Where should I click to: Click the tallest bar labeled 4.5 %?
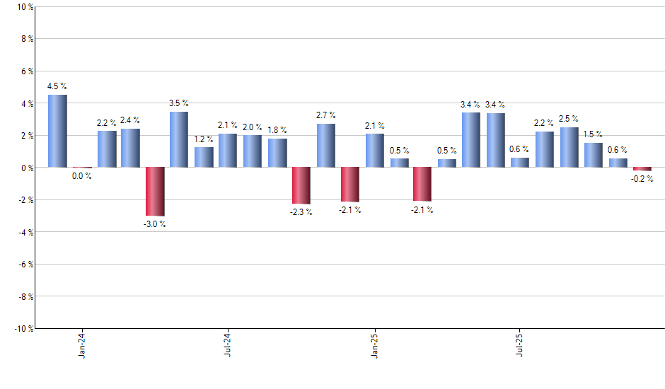(57, 131)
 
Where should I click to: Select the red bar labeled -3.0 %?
(155, 191)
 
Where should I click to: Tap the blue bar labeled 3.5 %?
(179, 139)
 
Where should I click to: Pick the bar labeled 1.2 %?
(204, 157)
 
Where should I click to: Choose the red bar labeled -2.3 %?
(301, 185)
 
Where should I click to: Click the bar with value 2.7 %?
(325, 146)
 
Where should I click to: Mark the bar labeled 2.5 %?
(569, 147)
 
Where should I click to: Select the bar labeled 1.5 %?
(594, 155)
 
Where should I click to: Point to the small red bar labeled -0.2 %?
(642, 169)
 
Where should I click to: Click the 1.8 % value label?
(277, 129)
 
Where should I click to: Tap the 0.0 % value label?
(82, 176)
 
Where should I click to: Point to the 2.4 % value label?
(130, 120)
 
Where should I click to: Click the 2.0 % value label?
(253, 127)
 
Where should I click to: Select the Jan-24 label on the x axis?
(82, 344)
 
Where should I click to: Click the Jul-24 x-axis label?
(228, 344)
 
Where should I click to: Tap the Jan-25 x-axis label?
(374, 344)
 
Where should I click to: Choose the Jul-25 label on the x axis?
(520, 344)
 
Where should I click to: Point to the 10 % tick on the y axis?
(24, 7)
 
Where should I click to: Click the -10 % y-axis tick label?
(23, 328)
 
